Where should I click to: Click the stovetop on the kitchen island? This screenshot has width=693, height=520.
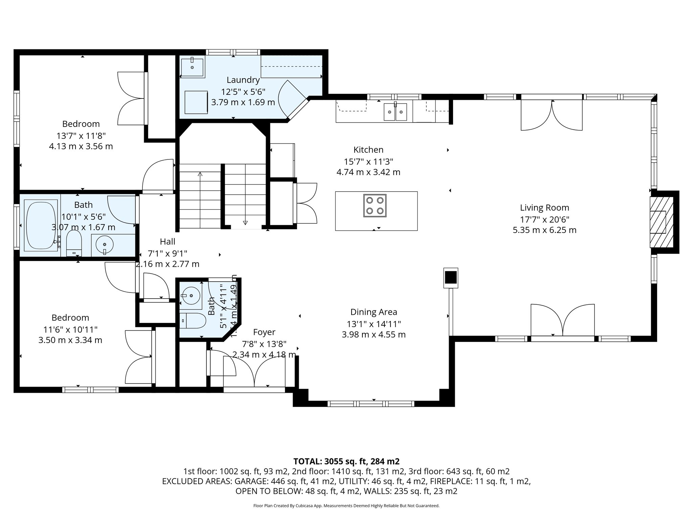point(375,205)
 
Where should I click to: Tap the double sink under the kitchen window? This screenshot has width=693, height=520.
point(395,112)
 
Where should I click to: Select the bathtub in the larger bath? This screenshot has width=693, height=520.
point(41,225)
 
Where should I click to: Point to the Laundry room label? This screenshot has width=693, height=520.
point(243,80)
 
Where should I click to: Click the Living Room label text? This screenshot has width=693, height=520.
point(544,208)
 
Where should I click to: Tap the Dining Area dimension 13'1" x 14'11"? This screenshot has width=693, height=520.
point(374,323)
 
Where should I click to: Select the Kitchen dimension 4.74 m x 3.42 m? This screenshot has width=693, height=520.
point(368,172)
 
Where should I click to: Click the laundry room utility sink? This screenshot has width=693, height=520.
point(192,67)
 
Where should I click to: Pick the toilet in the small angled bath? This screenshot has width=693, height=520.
point(193,320)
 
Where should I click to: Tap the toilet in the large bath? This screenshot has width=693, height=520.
point(74,243)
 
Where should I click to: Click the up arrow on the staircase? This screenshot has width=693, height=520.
point(200,175)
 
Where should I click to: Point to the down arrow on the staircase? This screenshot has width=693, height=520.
point(245,222)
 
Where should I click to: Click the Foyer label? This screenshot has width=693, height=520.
point(264,332)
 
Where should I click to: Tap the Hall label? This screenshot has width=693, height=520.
point(167,241)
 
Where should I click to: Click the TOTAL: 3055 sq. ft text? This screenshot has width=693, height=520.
point(346,461)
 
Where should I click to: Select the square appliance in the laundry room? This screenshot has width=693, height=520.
point(197,102)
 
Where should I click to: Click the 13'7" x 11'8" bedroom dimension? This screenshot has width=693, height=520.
point(81,136)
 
